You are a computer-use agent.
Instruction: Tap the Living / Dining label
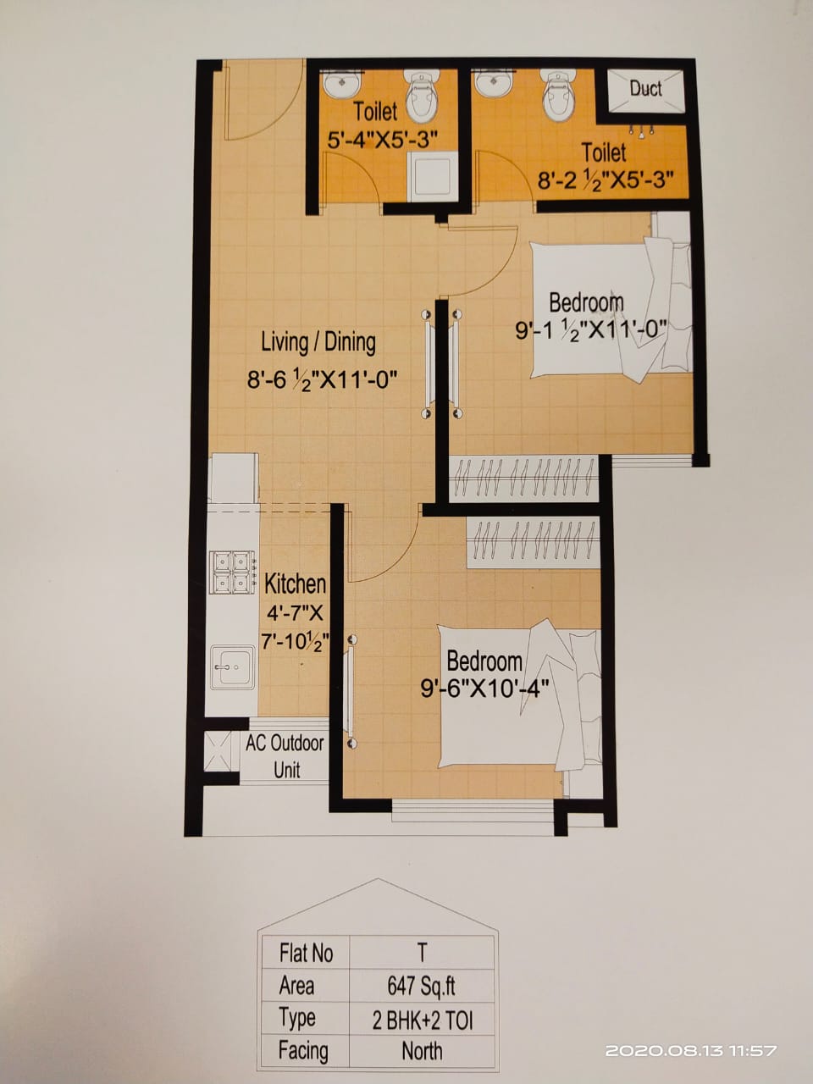[x=318, y=342]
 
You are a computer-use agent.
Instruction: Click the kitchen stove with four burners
[x=233, y=571]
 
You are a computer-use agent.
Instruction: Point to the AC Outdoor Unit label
[x=285, y=756]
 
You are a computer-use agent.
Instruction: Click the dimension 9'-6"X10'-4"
[x=484, y=688]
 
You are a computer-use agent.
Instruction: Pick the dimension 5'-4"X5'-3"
[x=382, y=139]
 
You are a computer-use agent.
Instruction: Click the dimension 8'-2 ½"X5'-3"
[x=606, y=180]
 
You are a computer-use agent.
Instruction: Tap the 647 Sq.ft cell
[x=421, y=986]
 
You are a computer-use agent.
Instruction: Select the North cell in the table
[x=421, y=1051]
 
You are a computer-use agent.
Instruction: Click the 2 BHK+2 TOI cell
[x=421, y=1019]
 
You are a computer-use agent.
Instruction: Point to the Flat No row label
[x=306, y=954]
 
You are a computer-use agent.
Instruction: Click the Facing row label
[x=302, y=1051]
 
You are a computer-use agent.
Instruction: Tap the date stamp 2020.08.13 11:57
[x=690, y=1051]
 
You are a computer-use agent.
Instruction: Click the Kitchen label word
[x=295, y=583]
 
